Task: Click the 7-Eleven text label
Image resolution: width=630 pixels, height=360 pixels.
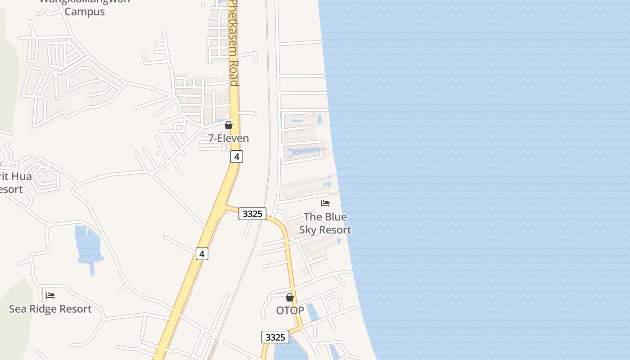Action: click(228, 138)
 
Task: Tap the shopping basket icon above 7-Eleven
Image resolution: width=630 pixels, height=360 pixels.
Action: click(229, 125)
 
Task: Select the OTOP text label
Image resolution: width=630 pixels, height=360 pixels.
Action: click(290, 310)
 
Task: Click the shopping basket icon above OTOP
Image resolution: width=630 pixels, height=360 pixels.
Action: click(290, 297)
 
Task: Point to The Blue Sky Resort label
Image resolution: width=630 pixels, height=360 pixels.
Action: click(325, 223)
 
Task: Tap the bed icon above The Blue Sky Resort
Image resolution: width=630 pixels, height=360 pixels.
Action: click(325, 203)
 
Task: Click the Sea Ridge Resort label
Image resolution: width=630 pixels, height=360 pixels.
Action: click(50, 309)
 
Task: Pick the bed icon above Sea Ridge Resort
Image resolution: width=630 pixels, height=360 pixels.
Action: click(50, 296)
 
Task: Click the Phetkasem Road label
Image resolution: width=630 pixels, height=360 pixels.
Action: click(233, 43)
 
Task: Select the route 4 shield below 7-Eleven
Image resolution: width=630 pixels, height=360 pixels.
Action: click(236, 157)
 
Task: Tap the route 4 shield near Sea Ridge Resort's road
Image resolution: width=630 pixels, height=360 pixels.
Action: click(202, 254)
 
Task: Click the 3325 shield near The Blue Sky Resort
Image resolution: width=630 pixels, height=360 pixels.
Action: click(252, 214)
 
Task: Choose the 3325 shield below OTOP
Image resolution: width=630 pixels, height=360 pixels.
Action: click(275, 337)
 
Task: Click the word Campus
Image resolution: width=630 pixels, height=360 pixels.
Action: click(85, 12)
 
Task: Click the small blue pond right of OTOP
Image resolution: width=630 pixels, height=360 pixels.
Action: click(313, 312)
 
